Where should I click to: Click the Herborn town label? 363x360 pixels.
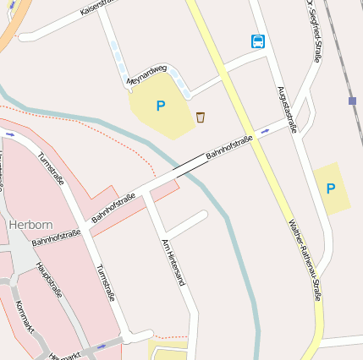click(31, 226)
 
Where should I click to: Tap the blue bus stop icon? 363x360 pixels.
click(257, 41)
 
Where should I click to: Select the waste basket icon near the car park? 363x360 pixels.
click(201, 117)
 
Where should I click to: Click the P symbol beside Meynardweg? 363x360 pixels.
click(160, 106)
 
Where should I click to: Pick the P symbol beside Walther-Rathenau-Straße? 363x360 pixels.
click(331, 188)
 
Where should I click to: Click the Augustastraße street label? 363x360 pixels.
click(287, 109)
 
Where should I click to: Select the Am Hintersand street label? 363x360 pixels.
click(173, 262)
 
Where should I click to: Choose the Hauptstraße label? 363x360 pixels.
click(49, 281)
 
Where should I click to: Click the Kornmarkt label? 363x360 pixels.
click(25, 318)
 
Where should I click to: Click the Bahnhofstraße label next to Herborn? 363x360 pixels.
click(56, 237)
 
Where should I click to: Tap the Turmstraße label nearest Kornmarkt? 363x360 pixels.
click(105, 283)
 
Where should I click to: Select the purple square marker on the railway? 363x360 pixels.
click(352, 101)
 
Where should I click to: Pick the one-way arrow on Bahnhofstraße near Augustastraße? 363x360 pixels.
click(266, 131)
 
